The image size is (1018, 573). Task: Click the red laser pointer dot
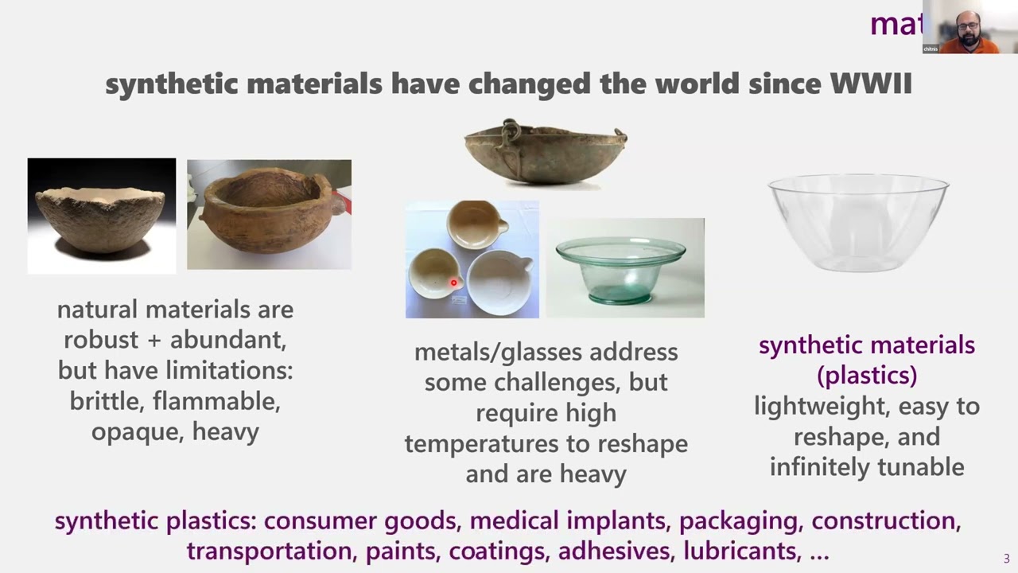pos(453,283)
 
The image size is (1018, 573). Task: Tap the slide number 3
pos(1006,559)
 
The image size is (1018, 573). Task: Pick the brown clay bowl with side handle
pos(269,213)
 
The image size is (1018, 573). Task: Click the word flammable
pos(216,401)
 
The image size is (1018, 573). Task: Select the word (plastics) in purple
pos(867,375)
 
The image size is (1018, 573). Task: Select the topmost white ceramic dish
pos(472,224)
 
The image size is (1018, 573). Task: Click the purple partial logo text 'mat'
pos(896,25)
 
